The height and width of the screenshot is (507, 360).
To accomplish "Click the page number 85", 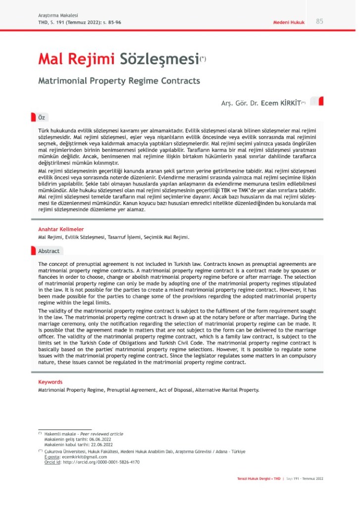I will [x=319, y=21].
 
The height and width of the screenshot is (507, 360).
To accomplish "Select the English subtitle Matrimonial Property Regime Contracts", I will [x=119, y=80].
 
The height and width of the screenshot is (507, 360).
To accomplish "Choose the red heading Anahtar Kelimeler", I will [x=61, y=229].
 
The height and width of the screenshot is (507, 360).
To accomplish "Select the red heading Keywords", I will [x=51, y=382].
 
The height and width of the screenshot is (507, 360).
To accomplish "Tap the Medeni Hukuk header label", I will [x=289, y=22].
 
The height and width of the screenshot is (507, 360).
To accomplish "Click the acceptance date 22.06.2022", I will [x=103, y=444].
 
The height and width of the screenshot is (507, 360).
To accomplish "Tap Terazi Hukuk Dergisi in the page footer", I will [x=256, y=479].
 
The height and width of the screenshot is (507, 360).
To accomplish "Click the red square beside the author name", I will [x=319, y=101].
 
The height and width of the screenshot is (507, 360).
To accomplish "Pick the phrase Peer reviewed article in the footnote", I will [x=102, y=434].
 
